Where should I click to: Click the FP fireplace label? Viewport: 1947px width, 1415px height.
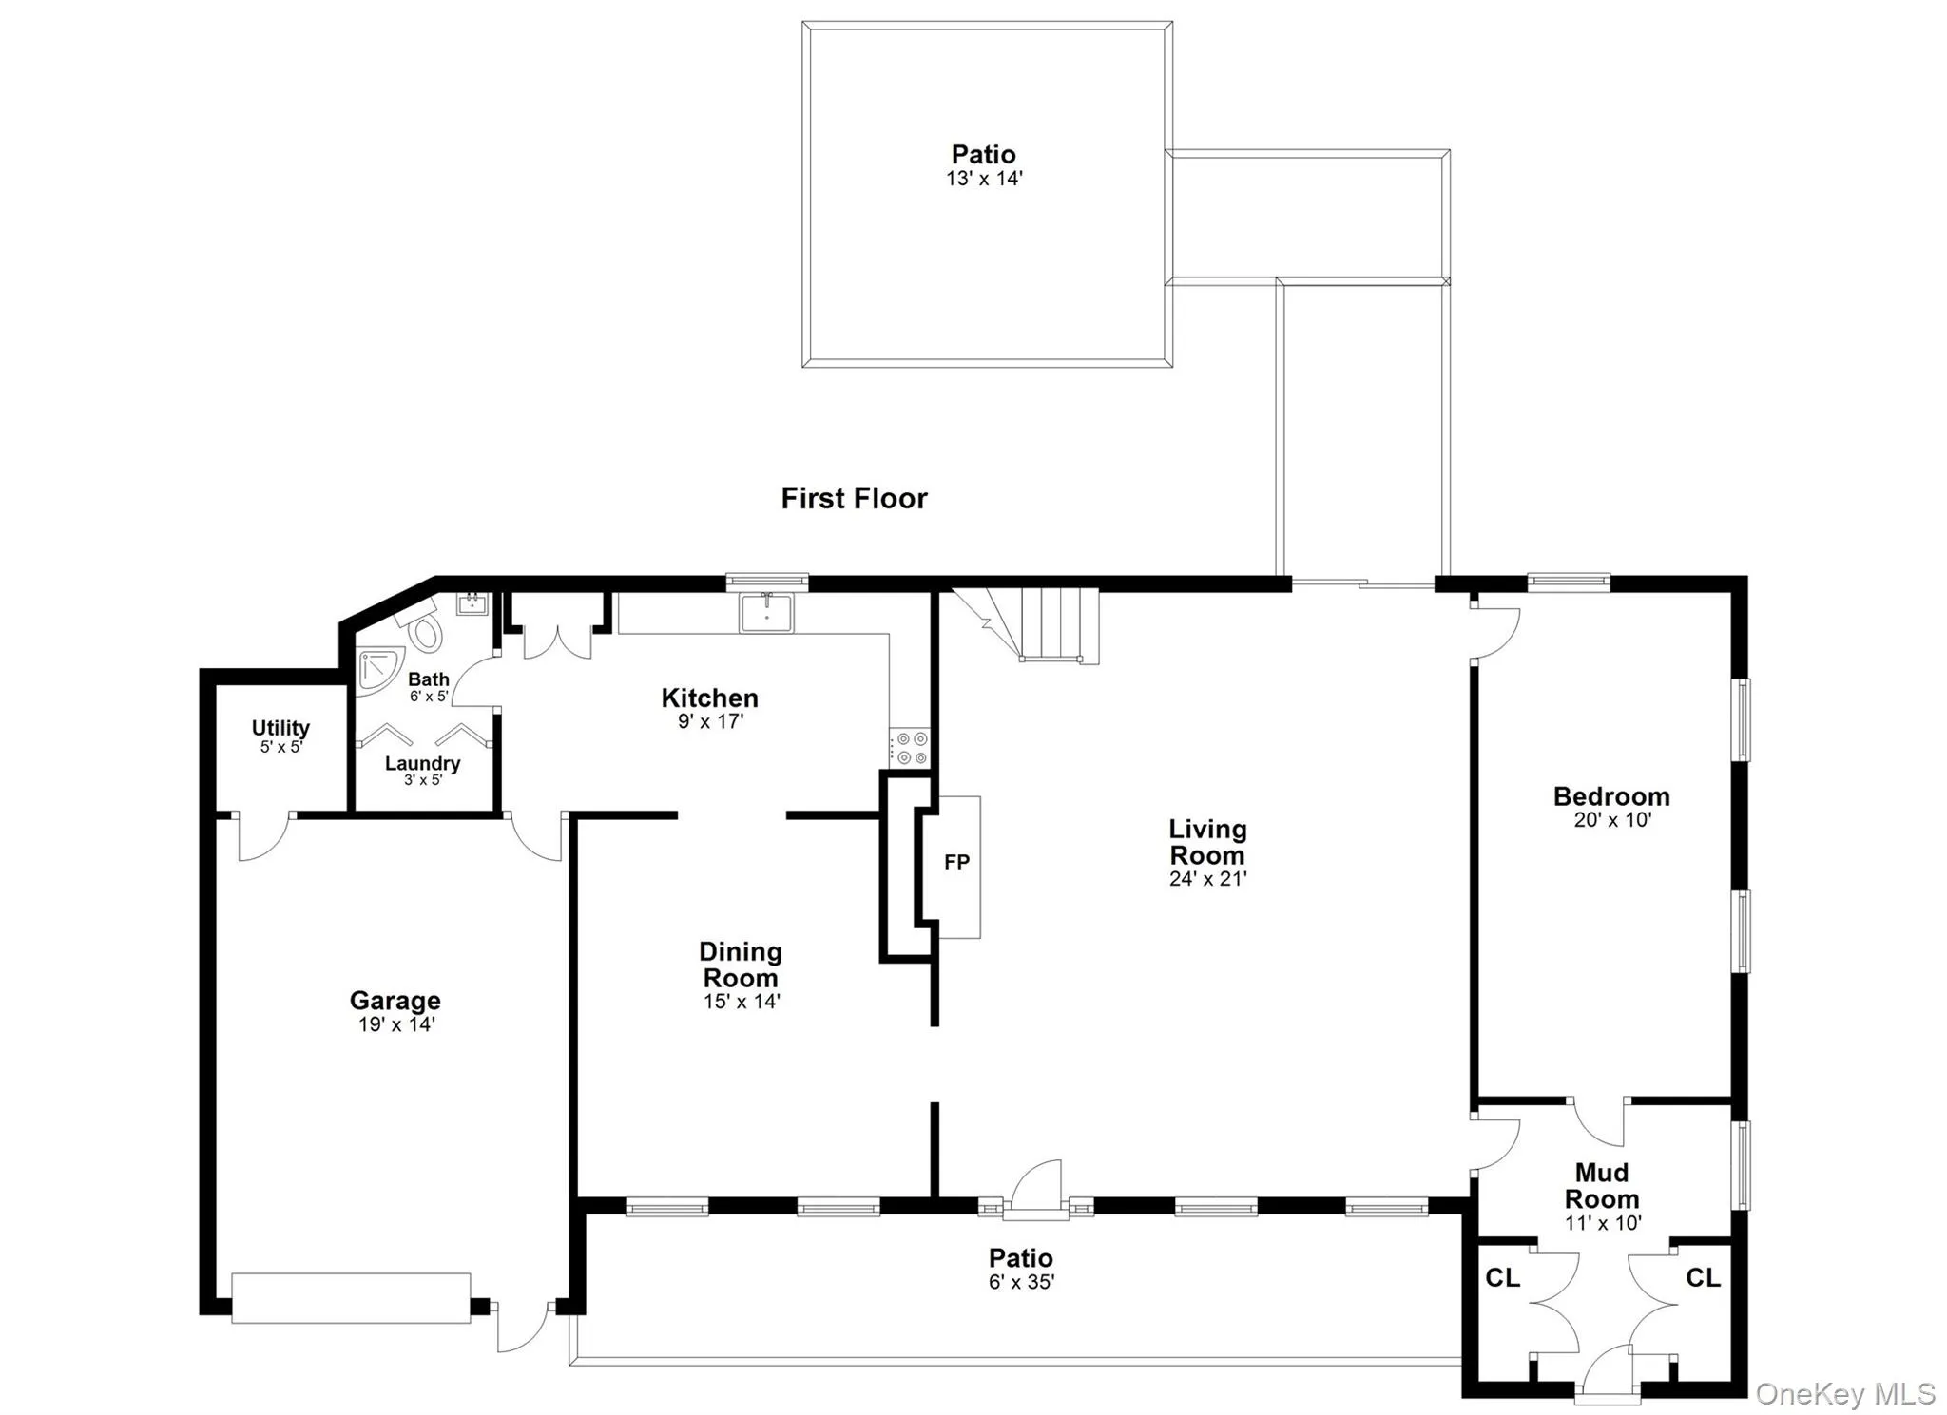956,862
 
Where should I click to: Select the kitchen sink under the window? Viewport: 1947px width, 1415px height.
767,612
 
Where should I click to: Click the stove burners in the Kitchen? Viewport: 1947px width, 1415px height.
909,748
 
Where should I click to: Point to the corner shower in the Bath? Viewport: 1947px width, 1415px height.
376,668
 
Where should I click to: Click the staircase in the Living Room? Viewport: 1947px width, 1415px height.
1046,623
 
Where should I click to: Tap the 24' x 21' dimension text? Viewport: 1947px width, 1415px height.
1207,879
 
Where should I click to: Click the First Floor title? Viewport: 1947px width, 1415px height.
854,498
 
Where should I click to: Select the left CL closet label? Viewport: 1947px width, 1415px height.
1502,1278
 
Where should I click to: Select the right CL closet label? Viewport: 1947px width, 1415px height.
1703,1277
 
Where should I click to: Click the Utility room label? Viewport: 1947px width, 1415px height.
280,728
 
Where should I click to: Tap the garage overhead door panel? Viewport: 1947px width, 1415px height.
351,1298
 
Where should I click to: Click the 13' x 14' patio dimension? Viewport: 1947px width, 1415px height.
984,179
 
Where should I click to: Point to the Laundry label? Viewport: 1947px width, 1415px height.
422,763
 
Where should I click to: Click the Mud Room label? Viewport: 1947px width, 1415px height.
1602,1186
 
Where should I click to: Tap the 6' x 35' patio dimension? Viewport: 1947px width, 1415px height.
1021,1282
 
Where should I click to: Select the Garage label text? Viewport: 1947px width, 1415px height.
395,1000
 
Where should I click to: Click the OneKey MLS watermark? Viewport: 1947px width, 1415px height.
1844,1393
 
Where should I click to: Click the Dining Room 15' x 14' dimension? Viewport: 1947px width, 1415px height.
742,1002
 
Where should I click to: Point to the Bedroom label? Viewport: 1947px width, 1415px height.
1611,796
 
